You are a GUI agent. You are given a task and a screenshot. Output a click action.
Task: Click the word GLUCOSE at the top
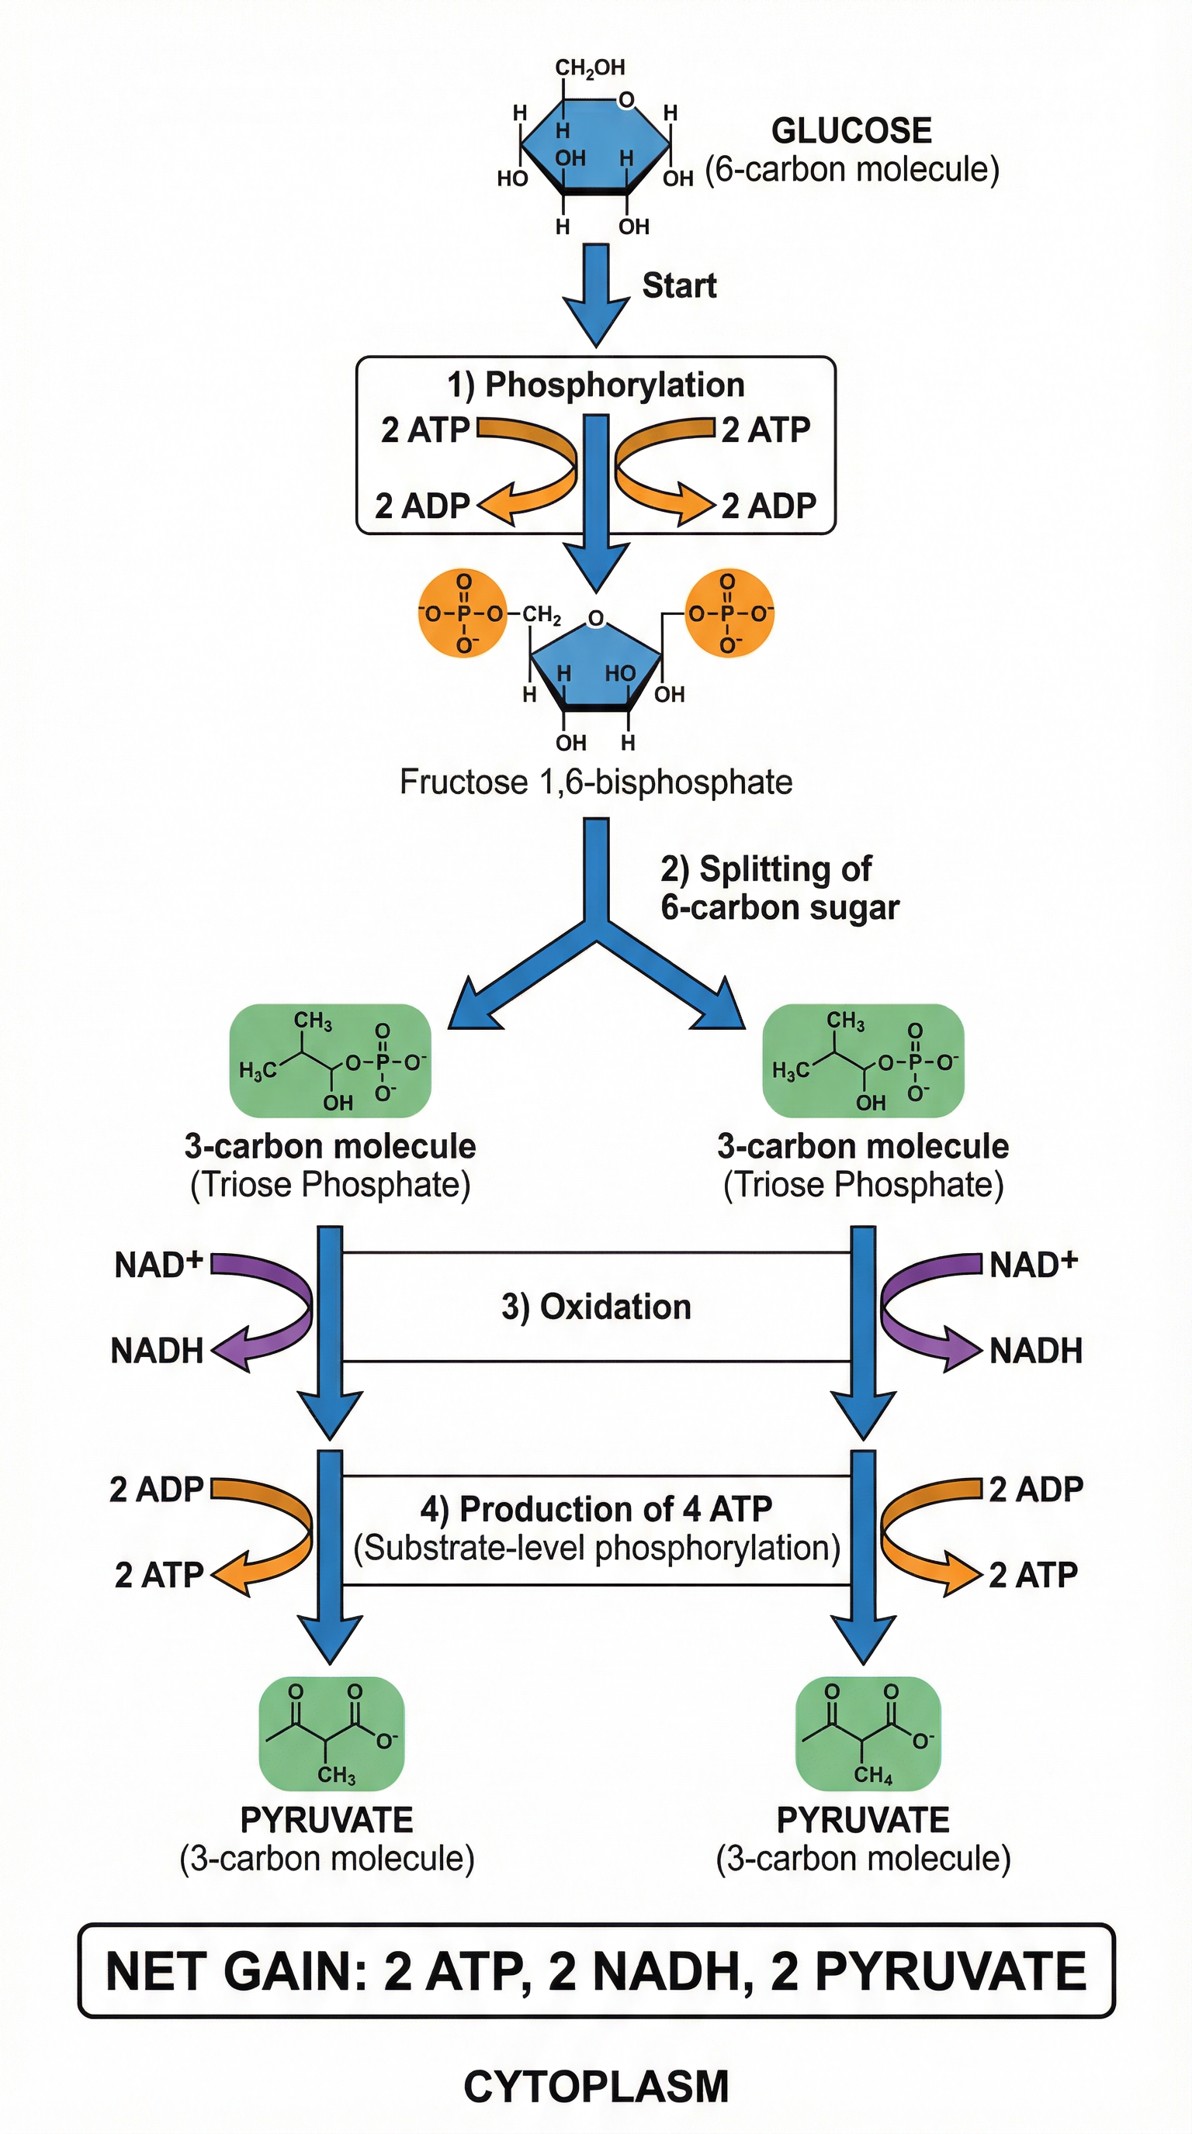(x=851, y=131)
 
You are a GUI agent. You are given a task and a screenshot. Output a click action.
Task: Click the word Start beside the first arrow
(x=679, y=285)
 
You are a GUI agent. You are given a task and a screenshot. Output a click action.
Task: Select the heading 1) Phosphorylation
(x=595, y=385)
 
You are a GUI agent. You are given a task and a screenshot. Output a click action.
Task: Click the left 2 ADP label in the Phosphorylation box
(x=422, y=506)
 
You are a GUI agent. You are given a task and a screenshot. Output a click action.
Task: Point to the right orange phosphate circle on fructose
(x=729, y=614)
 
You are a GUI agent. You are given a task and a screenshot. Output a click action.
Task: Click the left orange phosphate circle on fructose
(x=462, y=614)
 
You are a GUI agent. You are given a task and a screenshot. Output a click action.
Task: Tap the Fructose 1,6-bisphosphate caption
(x=595, y=782)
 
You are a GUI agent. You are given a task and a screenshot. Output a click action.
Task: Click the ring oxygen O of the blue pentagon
(x=595, y=619)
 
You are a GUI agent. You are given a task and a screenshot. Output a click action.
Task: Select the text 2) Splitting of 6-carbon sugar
(x=778, y=888)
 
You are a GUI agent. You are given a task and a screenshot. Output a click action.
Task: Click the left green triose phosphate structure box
(x=330, y=1062)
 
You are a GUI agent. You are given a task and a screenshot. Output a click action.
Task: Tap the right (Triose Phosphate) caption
(x=863, y=1185)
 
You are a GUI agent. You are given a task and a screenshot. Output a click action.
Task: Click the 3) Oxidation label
(x=595, y=1307)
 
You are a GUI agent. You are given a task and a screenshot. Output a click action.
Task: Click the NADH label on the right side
(x=1035, y=1350)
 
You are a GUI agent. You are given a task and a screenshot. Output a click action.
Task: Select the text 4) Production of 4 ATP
(x=595, y=1509)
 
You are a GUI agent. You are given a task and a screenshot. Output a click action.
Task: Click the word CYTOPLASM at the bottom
(x=595, y=2087)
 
